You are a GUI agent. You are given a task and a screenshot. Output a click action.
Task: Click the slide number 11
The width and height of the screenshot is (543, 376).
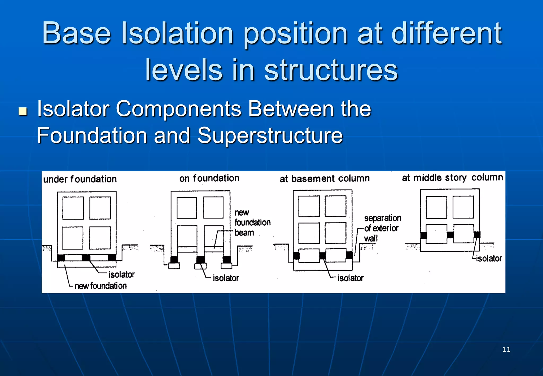tap(506, 349)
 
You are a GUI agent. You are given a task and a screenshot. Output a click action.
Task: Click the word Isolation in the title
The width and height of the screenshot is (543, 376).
tap(177, 33)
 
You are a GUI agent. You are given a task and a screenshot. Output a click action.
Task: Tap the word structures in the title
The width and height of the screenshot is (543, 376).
tap(331, 70)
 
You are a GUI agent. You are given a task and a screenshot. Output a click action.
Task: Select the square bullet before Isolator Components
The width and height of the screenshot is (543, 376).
tap(23, 111)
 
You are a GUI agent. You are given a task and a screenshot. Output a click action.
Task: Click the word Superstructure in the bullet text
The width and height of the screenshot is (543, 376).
tap(270, 135)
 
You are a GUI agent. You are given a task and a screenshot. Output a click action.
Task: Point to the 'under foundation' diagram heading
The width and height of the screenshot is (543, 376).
tap(80, 179)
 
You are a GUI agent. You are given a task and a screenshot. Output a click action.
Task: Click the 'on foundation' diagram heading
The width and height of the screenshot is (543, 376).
tap(209, 178)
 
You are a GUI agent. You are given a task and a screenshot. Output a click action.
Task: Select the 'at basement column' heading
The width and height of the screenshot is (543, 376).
tap(325, 178)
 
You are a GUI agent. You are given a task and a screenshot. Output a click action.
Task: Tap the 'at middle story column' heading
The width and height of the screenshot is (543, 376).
tap(452, 177)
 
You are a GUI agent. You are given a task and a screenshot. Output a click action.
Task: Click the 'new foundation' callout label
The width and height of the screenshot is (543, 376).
tap(100, 286)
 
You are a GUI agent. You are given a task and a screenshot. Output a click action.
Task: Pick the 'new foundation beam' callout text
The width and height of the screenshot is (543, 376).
tap(252, 222)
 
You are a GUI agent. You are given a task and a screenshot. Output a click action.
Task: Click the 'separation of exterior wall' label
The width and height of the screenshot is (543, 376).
tap(382, 228)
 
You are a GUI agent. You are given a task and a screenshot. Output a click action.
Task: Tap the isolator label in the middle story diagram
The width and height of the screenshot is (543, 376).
tap(489, 258)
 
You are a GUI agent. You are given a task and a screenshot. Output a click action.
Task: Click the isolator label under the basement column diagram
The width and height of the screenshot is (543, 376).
tap(350, 278)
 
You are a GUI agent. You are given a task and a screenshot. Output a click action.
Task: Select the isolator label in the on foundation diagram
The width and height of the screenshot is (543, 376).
tap(226, 278)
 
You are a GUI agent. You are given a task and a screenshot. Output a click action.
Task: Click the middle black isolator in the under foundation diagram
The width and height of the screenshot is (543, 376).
tap(86, 257)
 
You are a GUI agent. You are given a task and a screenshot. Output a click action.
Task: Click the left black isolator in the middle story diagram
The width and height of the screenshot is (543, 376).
tap(424, 235)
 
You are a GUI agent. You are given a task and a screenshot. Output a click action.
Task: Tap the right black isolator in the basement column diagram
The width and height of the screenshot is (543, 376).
tap(349, 255)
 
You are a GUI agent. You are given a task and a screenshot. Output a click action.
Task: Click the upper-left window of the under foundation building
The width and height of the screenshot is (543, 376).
tap(73, 208)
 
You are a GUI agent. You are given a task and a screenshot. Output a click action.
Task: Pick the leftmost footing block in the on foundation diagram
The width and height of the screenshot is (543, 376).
tap(174, 265)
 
